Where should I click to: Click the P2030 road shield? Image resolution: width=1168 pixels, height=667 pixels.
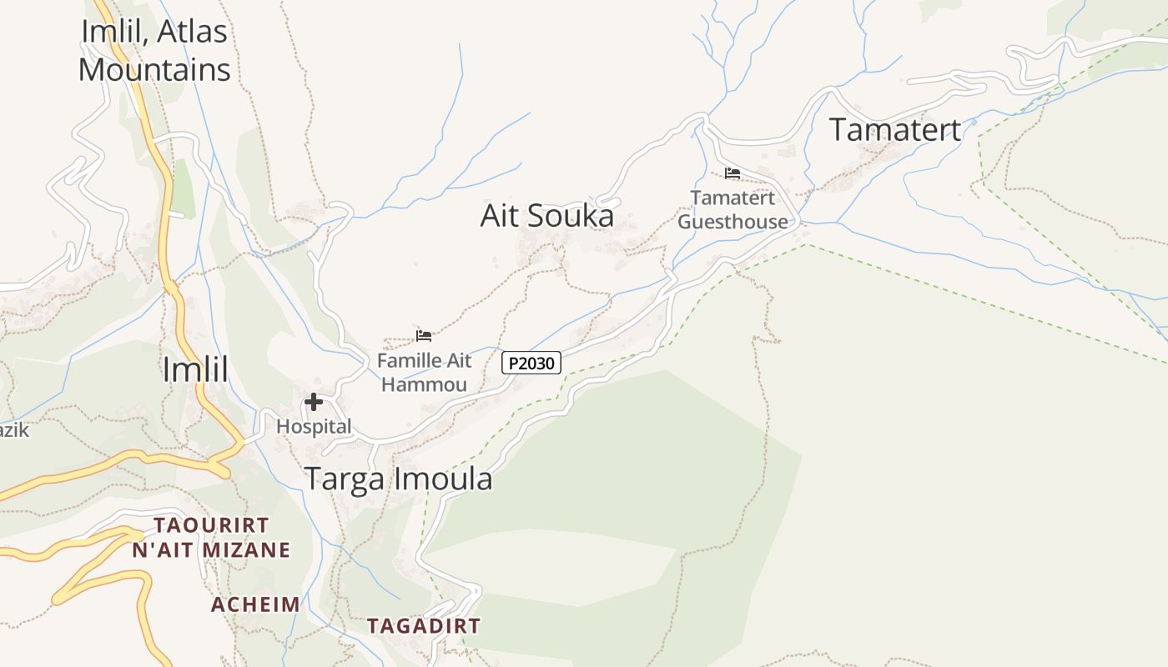tap(531, 364)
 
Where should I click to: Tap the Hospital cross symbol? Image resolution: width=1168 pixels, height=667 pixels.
tap(314, 403)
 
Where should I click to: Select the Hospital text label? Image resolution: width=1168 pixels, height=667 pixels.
tap(314, 427)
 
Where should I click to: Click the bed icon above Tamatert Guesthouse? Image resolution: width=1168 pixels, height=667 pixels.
tap(733, 173)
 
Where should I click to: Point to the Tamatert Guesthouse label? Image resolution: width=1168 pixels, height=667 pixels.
tap(733, 210)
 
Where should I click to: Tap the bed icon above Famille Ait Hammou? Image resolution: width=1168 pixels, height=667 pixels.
tap(424, 336)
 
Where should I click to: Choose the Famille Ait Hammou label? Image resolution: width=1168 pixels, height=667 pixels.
tap(424, 373)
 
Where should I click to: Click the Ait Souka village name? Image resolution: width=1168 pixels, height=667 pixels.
tap(547, 216)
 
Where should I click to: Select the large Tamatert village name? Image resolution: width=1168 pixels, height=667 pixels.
tap(895, 130)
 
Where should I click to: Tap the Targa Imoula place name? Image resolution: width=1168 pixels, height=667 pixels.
tap(398, 479)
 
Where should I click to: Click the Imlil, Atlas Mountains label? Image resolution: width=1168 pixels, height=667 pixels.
tap(154, 50)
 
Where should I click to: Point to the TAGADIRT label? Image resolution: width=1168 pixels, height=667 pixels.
tap(424, 625)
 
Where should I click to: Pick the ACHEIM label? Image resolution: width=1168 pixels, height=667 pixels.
tap(255, 604)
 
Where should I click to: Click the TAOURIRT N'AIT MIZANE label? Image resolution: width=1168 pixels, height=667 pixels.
tap(212, 538)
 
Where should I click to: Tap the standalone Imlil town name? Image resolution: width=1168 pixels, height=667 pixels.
tap(195, 369)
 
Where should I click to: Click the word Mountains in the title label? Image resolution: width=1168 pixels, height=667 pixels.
tap(154, 69)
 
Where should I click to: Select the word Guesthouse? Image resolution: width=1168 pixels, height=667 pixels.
tap(733, 222)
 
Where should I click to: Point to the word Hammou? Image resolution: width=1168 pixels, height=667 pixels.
tap(424, 384)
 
